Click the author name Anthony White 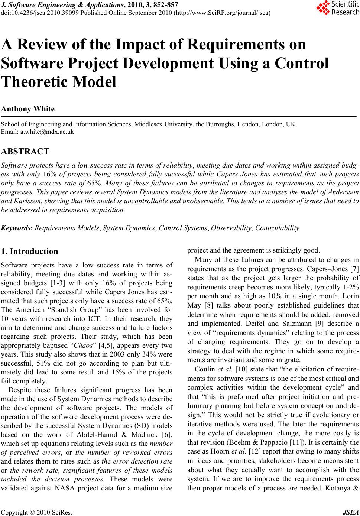click(x=28, y=109)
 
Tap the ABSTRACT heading click(x=25, y=151)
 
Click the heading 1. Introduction click(x=30, y=251)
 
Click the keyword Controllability click(x=277, y=228)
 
